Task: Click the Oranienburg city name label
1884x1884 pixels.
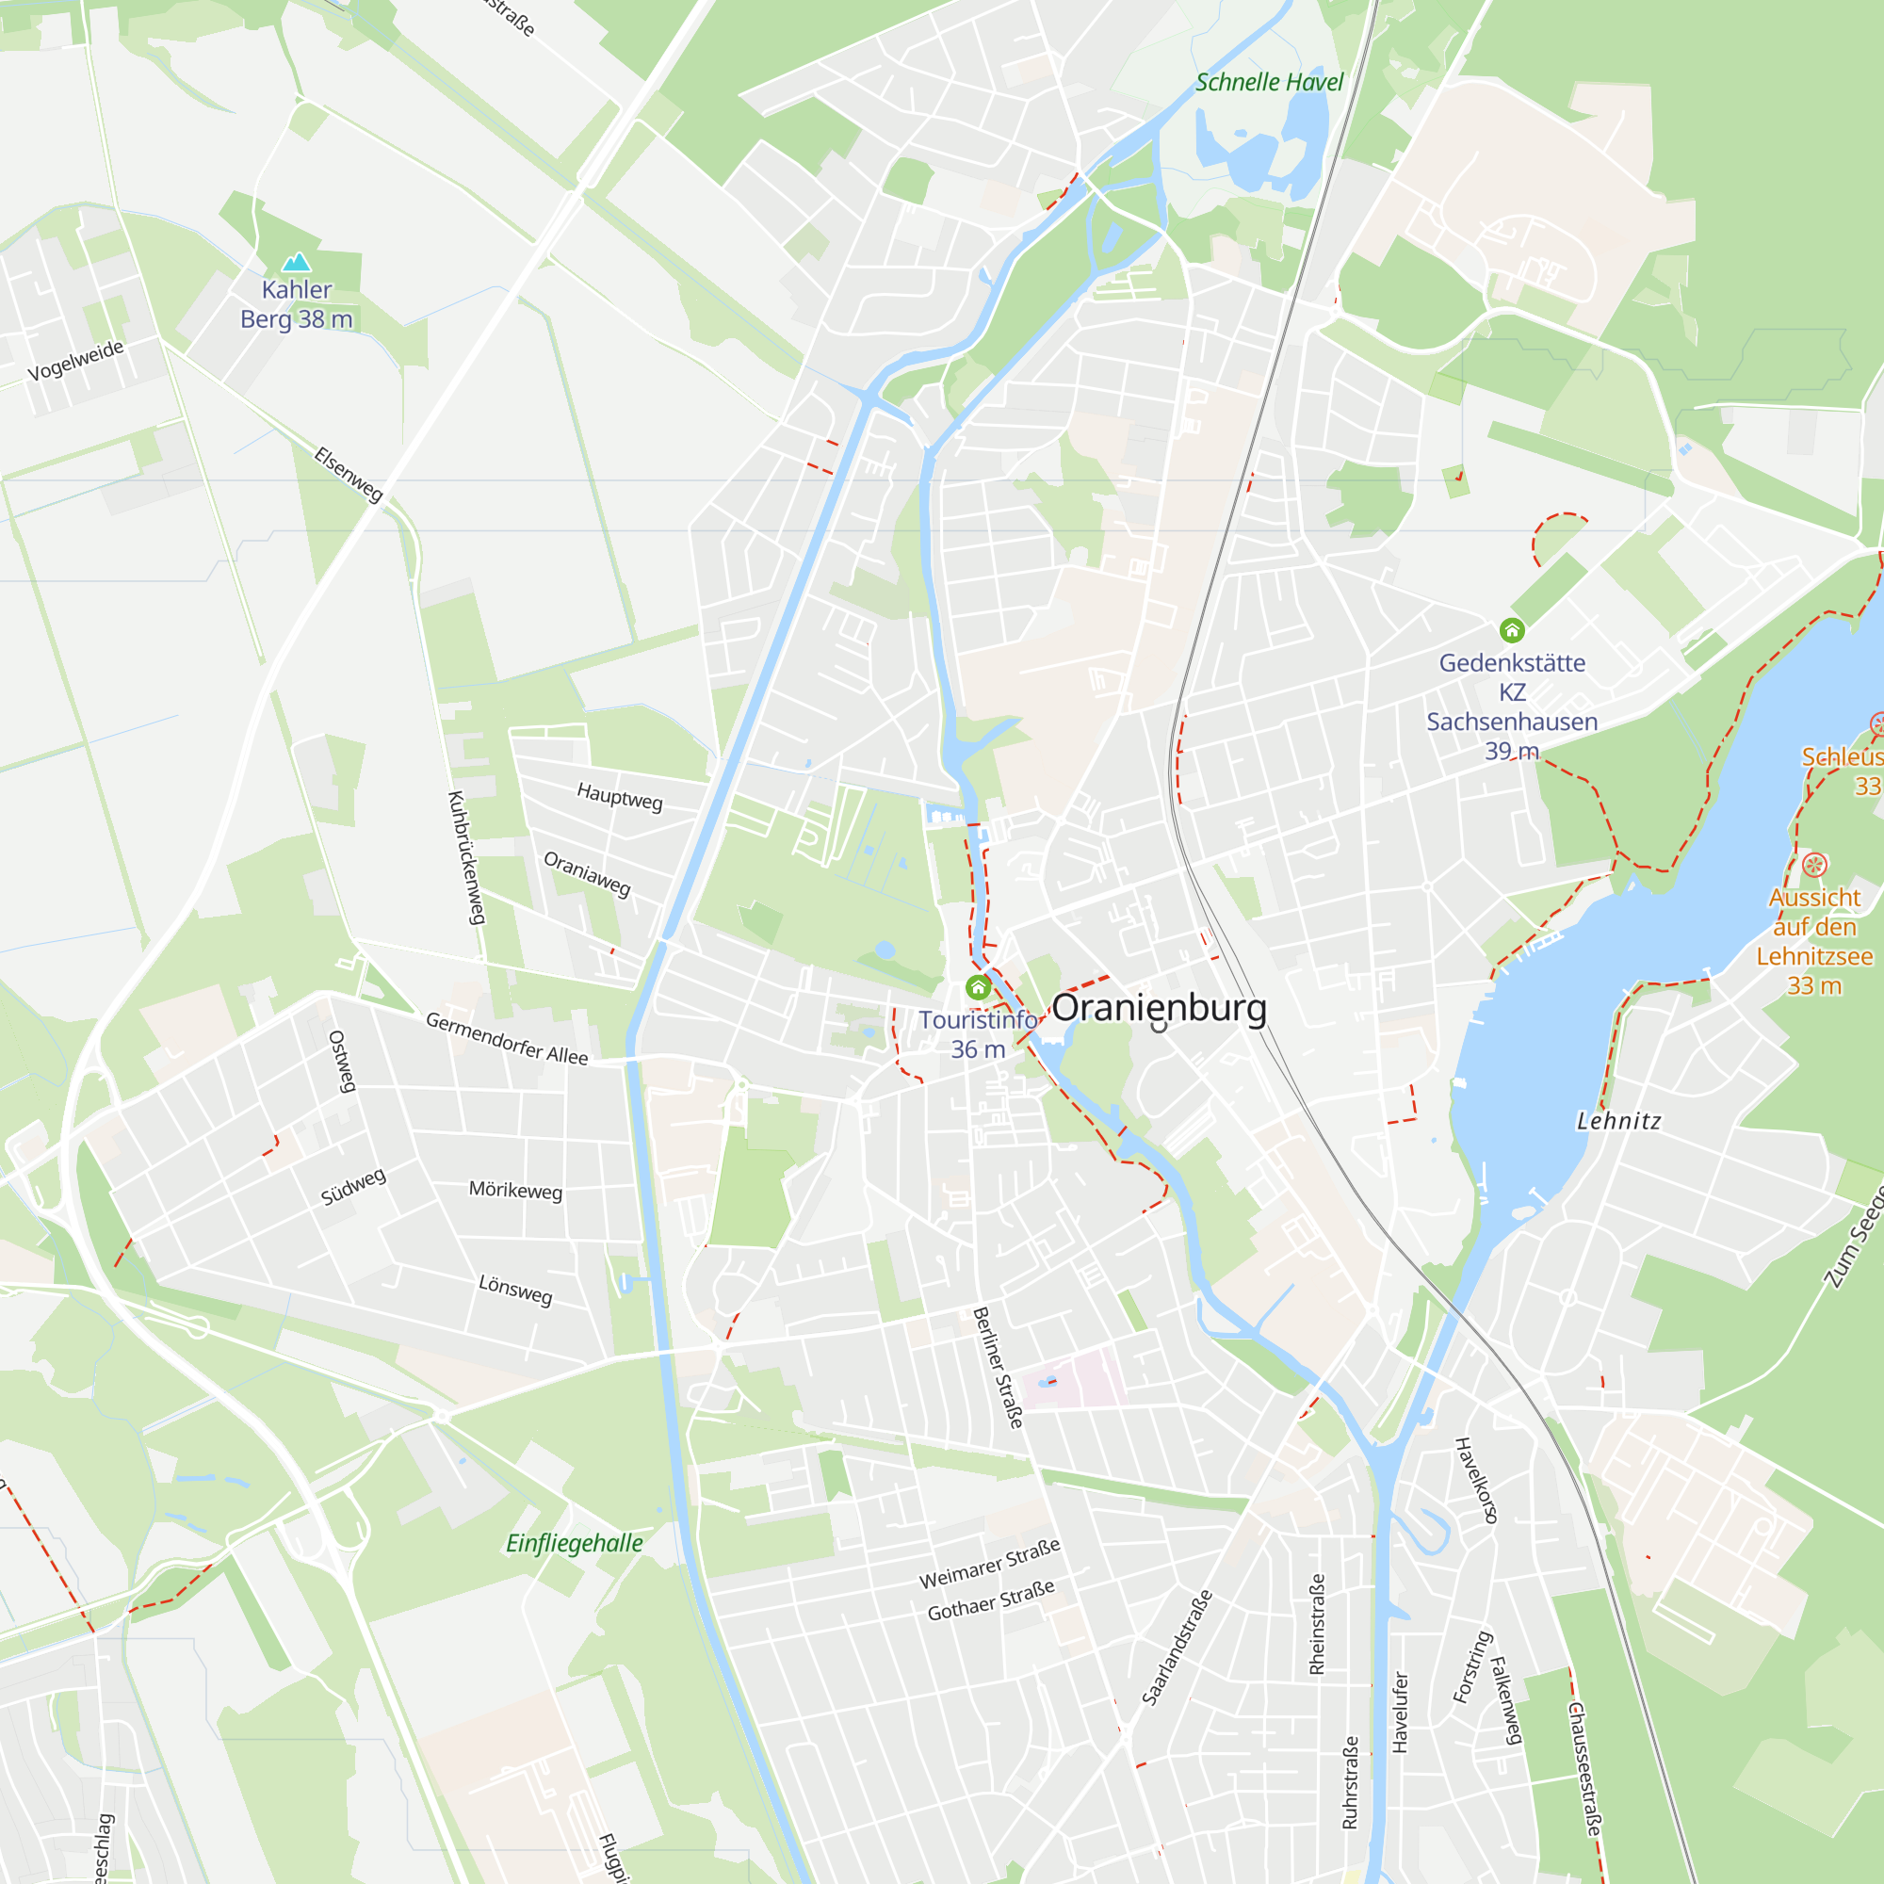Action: pos(1159,1007)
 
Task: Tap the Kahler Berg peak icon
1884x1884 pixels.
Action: pos(297,261)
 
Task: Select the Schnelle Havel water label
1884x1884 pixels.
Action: pos(1269,83)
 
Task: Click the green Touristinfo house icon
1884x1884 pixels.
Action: pos(978,988)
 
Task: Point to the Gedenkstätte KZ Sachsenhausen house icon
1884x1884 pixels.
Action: pos(1512,630)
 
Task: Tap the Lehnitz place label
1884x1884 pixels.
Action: pos(1618,1121)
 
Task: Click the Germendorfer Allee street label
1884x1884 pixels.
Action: pos(507,1038)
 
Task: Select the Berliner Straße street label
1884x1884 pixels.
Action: pos(999,1367)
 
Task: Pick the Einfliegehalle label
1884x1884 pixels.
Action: pos(575,1543)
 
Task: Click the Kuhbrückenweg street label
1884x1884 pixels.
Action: pos(466,857)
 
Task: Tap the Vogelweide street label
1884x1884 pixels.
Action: pos(76,361)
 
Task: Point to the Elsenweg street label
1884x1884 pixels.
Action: pos(349,474)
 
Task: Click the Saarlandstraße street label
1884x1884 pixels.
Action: pos(1177,1648)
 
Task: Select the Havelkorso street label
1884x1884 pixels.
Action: pos(1476,1480)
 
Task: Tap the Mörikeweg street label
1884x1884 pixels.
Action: pos(516,1191)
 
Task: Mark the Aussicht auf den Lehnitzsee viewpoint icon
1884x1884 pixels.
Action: pos(1813,864)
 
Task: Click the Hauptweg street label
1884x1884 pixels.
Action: pos(619,797)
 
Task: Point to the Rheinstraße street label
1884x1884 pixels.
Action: pos(1318,1624)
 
